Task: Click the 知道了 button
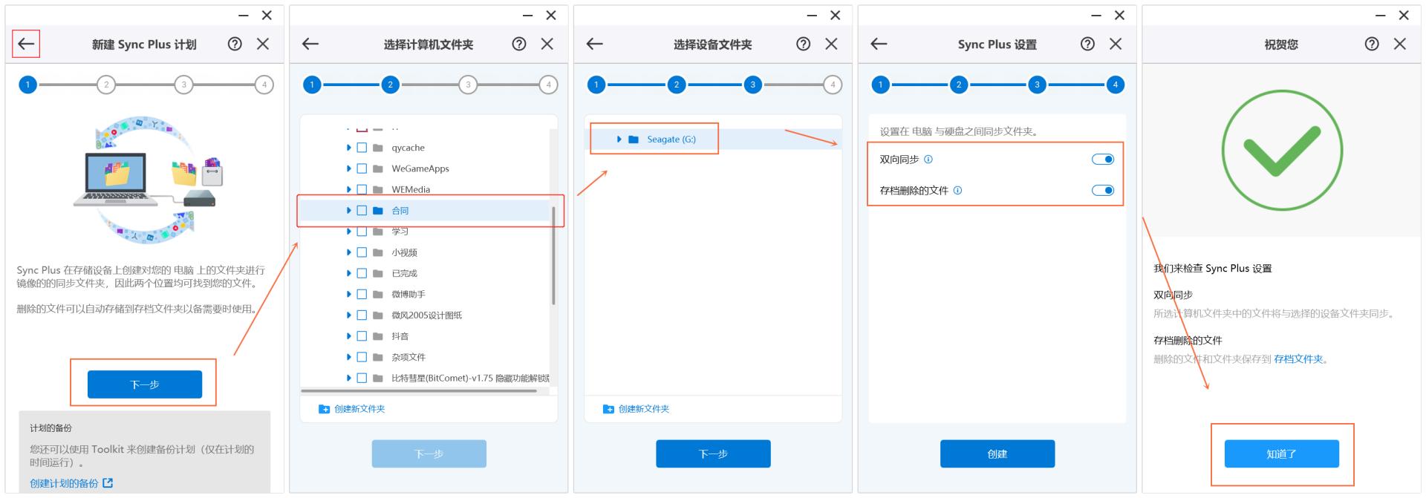[1281, 453]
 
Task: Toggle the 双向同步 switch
[1103, 160]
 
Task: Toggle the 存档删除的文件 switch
[1103, 191]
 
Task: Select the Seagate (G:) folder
[671, 140]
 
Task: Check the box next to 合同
[362, 211]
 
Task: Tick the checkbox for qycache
[362, 148]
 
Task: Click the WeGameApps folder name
[420, 168]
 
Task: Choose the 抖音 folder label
[400, 336]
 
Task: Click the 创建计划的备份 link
[64, 483]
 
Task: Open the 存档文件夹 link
[1298, 359]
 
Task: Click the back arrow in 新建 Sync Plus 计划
[26, 44]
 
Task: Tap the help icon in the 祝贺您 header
[1372, 44]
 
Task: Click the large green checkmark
[1282, 151]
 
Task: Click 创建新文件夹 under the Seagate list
[643, 409]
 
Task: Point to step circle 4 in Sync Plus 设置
[1115, 85]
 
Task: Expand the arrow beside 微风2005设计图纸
[349, 315]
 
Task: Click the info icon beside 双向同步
[928, 160]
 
